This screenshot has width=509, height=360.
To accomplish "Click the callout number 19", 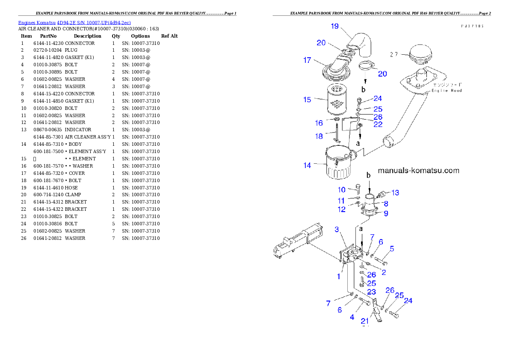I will point(334,26).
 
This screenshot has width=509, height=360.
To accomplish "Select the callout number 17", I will point(307,60).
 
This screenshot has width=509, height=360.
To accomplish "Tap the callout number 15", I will point(307,100).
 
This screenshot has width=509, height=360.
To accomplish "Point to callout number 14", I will point(307,165).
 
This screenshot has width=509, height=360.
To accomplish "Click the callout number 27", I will point(394,54).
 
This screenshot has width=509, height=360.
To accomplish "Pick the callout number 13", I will point(395,193).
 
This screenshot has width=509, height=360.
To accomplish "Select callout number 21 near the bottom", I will point(365,321).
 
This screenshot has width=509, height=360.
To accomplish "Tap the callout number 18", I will point(319,136).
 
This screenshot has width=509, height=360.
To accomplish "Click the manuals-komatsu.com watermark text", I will point(418,171).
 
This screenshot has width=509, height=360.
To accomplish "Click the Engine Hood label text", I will point(447,91).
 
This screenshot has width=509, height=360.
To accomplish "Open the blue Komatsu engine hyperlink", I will point(74,22).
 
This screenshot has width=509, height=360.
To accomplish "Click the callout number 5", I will point(392,248).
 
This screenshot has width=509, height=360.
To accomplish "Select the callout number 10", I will point(341,189).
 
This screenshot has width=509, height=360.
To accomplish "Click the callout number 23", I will point(371,292).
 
